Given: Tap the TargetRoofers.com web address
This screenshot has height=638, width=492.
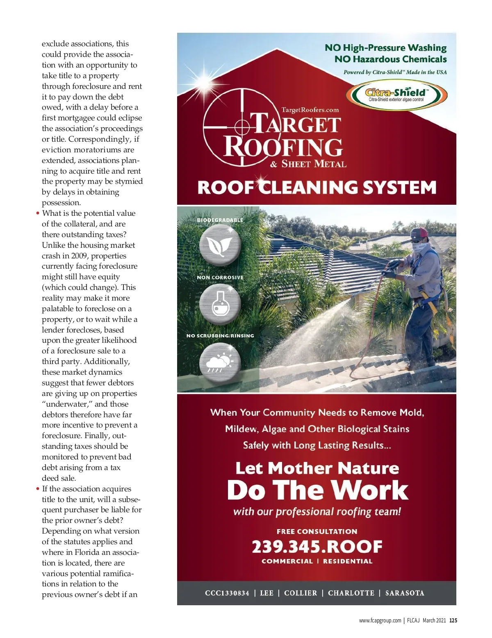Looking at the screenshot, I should click(310, 110).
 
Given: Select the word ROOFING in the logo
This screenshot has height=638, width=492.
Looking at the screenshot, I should click(283, 147).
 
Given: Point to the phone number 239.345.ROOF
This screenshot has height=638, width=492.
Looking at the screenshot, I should click(317, 546).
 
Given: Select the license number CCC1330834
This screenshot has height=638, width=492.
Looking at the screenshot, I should click(227, 593).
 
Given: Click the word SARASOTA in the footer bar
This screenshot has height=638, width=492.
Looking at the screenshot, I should click(405, 593).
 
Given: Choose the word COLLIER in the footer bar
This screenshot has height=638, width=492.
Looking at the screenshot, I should click(301, 593).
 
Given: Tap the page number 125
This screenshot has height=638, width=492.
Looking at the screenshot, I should click(453, 620).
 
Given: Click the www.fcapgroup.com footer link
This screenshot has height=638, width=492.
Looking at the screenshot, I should click(380, 620).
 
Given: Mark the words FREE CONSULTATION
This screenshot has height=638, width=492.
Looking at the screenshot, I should click(317, 532).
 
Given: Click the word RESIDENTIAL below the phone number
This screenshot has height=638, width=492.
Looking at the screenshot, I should click(348, 561).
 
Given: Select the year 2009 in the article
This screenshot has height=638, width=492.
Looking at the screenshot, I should click(78, 256).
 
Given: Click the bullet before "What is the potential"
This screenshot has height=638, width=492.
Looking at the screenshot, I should click(38, 213).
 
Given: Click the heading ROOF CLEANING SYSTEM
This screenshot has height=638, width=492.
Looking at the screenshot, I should click(317, 188).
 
